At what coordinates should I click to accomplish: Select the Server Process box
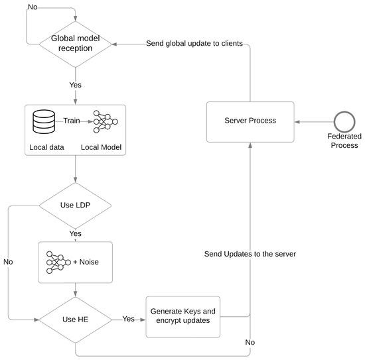click(250, 122)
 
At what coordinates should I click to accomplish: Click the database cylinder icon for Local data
click(44, 121)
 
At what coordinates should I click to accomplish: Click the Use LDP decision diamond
click(74, 206)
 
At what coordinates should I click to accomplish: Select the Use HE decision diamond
click(74, 319)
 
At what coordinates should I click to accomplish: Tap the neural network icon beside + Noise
click(58, 261)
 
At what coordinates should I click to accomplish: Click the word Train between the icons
click(73, 121)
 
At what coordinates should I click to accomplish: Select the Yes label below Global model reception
click(75, 84)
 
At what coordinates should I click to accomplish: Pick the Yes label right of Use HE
click(129, 319)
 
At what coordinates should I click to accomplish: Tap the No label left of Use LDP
click(9, 262)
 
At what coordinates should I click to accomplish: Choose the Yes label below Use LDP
click(76, 233)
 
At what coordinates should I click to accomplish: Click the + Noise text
click(86, 262)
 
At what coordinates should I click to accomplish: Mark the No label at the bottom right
click(250, 343)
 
